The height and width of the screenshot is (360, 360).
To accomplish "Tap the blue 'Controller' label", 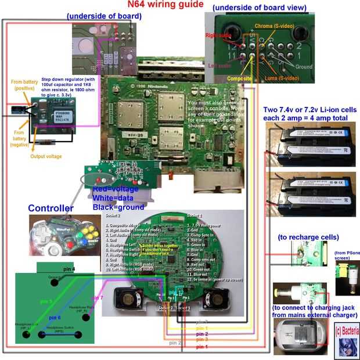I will (x=52, y=208).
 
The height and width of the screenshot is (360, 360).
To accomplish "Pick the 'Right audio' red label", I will (x=218, y=35).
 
